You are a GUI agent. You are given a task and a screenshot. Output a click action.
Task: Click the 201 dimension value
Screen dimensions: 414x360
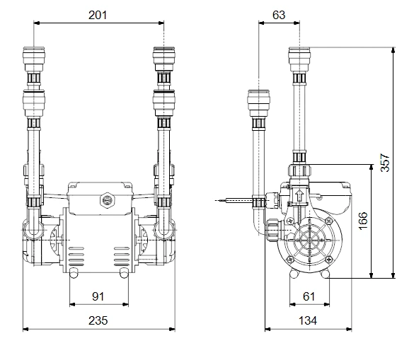(98, 15)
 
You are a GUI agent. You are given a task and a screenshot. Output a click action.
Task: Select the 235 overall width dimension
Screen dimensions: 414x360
(98, 320)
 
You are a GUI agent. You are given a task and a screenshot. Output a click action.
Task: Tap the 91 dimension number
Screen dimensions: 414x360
(98, 296)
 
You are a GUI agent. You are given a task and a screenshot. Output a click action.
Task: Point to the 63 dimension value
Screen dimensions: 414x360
(279, 15)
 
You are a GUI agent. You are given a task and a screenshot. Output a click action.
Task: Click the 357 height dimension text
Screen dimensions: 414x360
(385, 163)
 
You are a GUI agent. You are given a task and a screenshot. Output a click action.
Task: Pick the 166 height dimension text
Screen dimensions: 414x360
(363, 221)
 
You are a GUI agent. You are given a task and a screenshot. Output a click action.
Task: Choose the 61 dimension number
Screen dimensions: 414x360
(309, 296)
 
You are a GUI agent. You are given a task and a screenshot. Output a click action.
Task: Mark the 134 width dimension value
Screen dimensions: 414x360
(308, 320)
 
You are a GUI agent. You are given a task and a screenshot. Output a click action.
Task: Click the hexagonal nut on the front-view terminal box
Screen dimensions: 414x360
(108, 200)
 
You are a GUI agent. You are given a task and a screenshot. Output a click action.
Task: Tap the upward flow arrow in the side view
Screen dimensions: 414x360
(299, 196)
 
